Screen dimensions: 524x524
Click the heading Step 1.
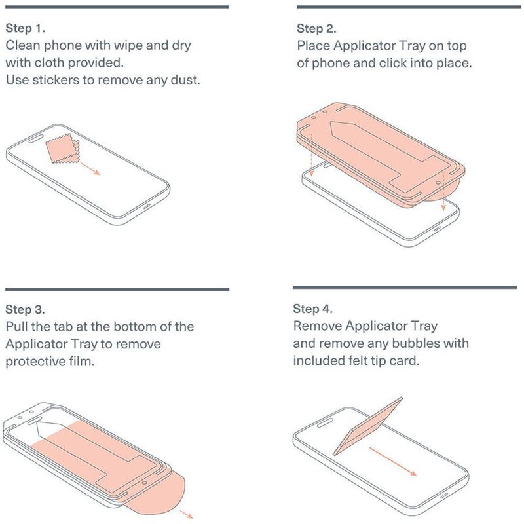[x=26, y=28]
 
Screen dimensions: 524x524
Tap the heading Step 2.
[x=316, y=29]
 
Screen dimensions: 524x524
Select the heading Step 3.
[x=25, y=309]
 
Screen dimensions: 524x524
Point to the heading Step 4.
[x=313, y=309]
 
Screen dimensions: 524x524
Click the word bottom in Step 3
[x=132, y=326]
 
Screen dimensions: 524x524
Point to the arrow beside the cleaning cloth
[x=90, y=169]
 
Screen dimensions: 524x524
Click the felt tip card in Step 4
[x=367, y=426]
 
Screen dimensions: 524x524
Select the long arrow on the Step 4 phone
[x=393, y=461]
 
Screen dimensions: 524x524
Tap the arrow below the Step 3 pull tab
[x=187, y=514]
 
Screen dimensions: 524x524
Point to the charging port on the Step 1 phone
[x=147, y=205]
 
